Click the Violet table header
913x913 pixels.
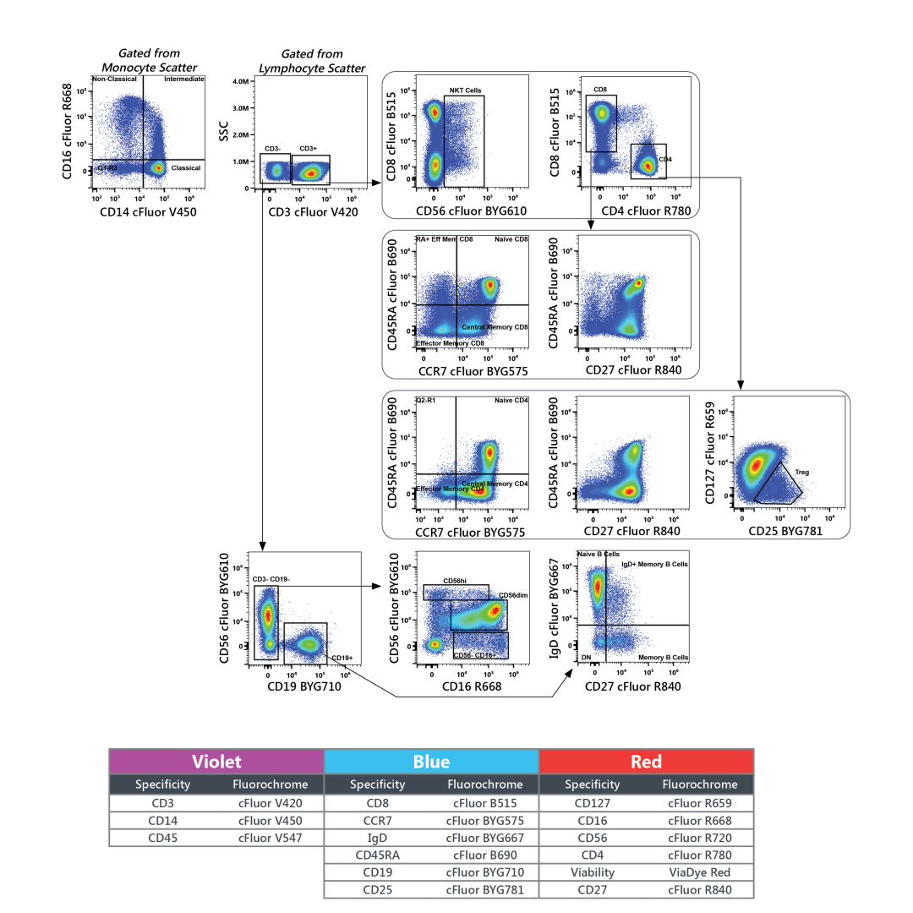pos(216,761)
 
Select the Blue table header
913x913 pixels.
pos(431,761)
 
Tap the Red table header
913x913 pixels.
pos(646,761)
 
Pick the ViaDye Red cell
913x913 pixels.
pos(699,872)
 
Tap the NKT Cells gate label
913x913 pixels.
pos(465,90)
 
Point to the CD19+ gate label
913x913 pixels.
pos(342,657)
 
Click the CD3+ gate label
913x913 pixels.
pos(308,149)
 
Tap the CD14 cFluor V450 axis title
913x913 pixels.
pos(147,212)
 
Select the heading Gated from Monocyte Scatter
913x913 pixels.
pos(149,60)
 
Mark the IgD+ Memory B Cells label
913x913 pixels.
pos(654,563)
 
